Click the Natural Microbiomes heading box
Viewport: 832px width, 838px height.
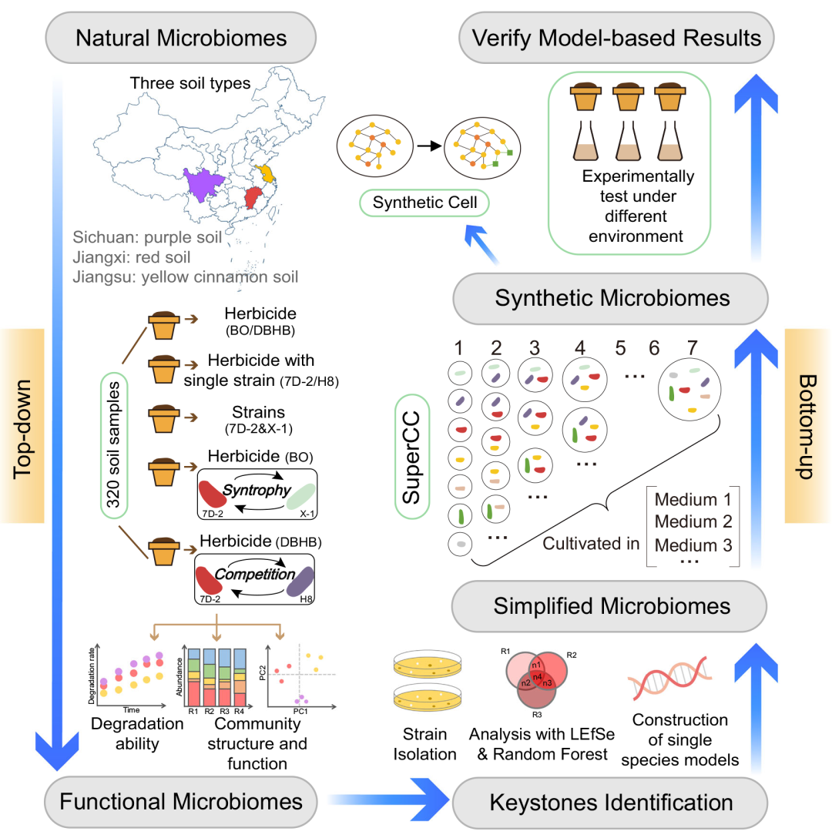pos(181,38)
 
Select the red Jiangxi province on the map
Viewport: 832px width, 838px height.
pos(252,197)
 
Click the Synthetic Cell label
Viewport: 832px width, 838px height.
pos(424,203)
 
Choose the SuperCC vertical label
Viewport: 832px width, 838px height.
pos(412,457)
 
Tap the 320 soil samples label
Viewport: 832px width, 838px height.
pos(114,444)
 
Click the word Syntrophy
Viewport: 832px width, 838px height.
pos(257,490)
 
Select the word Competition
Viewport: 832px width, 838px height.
pos(254,574)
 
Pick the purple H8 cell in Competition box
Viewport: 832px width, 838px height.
pos(300,582)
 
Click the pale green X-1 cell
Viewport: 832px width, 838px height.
pos(300,496)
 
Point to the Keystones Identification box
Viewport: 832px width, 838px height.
pos(610,803)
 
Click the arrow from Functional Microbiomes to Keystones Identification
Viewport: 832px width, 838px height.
pos(389,799)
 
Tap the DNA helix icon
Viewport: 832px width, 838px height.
pos(670,679)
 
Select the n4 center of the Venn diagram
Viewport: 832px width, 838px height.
pos(538,676)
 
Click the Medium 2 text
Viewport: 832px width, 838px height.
pos(693,521)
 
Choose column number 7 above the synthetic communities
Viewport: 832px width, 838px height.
pos(693,348)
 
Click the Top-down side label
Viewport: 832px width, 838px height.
pos(22,428)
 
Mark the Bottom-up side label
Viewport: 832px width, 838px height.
pos(807,427)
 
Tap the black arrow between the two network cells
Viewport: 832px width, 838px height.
pos(429,146)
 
